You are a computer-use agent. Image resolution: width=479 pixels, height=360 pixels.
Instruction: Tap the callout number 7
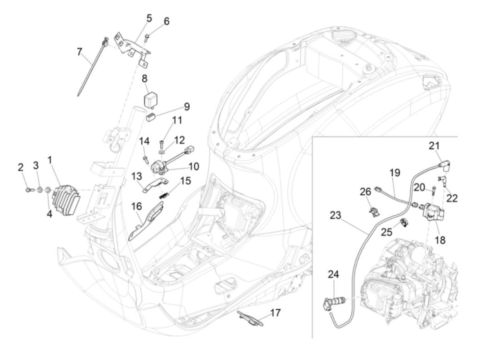[79, 52]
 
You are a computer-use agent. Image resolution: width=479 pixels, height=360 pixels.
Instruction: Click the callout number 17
[275, 313]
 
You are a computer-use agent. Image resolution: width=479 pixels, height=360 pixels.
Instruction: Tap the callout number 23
[336, 216]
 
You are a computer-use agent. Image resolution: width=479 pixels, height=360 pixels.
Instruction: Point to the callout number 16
[136, 206]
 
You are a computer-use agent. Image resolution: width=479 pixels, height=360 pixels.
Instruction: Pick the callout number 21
[434, 146]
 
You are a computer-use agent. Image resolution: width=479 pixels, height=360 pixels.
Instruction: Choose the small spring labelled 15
[165, 195]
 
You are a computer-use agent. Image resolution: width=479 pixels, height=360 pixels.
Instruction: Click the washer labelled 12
[161, 151]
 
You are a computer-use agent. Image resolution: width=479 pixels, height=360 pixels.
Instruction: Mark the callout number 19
[394, 172]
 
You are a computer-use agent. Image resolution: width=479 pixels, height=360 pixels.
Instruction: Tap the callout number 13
[136, 177]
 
